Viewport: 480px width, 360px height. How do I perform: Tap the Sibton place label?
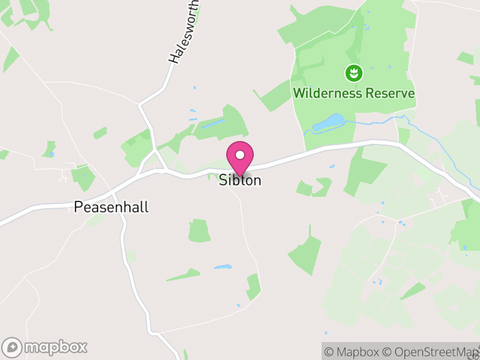coord(240,181)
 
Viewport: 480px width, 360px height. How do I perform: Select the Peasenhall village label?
coord(111,208)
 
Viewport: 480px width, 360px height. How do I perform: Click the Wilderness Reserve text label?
coord(354,94)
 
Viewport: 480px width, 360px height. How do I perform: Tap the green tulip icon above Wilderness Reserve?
coord(354,74)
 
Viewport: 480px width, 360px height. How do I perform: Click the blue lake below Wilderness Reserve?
coord(328,122)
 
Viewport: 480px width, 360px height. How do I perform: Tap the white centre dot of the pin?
coord(240,155)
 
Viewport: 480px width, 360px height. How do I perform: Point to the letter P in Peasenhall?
coord(79,208)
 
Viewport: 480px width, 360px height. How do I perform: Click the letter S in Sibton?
coord(223,181)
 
